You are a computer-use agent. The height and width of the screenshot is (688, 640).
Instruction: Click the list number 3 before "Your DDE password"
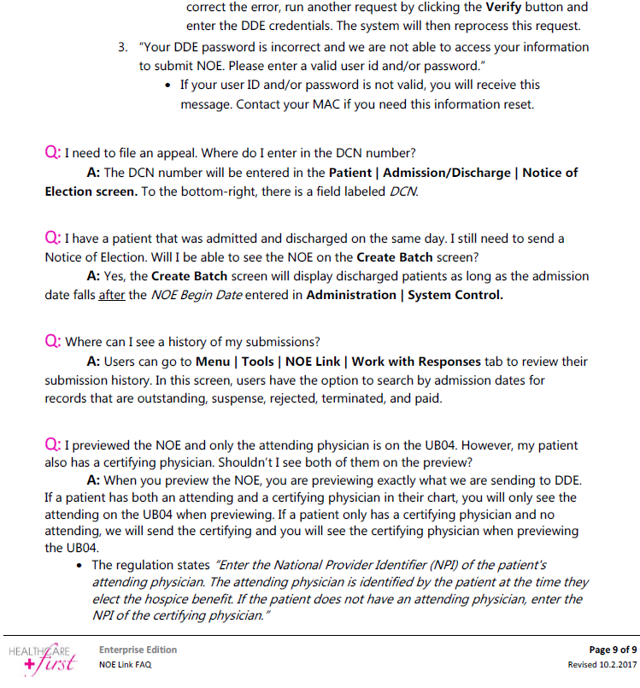pos(122,47)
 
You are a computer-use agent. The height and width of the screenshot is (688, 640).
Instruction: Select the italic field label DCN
pos(404,191)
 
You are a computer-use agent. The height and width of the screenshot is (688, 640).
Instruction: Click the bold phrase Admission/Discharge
pos(448,173)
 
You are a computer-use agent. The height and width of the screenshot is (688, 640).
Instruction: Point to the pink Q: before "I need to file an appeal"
pos(52,153)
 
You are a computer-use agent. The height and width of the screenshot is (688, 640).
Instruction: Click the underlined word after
pos(112,296)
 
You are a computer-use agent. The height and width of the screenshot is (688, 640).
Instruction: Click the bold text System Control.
pos(455,296)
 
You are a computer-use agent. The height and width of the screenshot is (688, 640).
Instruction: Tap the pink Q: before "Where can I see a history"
pos(52,342)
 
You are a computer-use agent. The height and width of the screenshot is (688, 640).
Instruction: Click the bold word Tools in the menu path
pos(257,362)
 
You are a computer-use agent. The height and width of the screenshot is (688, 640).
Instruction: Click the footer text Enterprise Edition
pos(138,650)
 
